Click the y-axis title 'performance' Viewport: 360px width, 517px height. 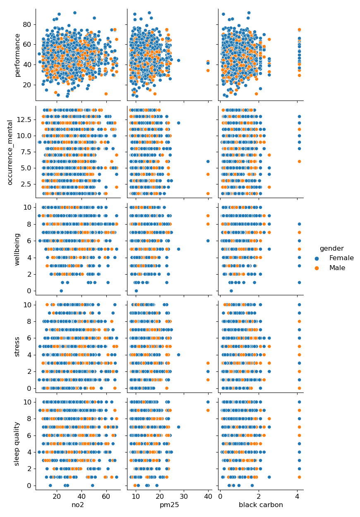click(x=17, y=55)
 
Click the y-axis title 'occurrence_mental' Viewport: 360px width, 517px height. click(x=10, y=152)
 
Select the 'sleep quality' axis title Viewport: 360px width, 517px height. click(x=17, y=443)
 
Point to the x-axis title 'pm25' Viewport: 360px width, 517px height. click(x=170, y=505)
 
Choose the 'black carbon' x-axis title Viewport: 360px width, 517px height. click(x=261, y=505)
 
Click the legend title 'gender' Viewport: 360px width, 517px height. click(x=331, y=249)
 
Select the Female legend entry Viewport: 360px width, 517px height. click(x=341, y=258)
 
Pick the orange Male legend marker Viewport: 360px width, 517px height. click(x=317, y=268)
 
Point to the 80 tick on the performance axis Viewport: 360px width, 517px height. click(x=27, y=24)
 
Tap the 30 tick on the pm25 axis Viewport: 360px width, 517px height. click(x=184, y=496)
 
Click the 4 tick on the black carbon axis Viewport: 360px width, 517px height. click(x=297, y=496)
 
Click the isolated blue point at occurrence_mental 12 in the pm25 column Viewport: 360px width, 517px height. click(x=178, y=123)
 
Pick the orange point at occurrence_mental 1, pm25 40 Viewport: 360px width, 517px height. click(x=208, y=193)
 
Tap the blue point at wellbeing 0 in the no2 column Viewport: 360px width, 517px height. click(x=61, y=291)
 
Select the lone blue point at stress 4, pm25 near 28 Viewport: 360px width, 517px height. click(x=178, y=354)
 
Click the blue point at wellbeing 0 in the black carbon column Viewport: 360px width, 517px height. click(x=231, y=291)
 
